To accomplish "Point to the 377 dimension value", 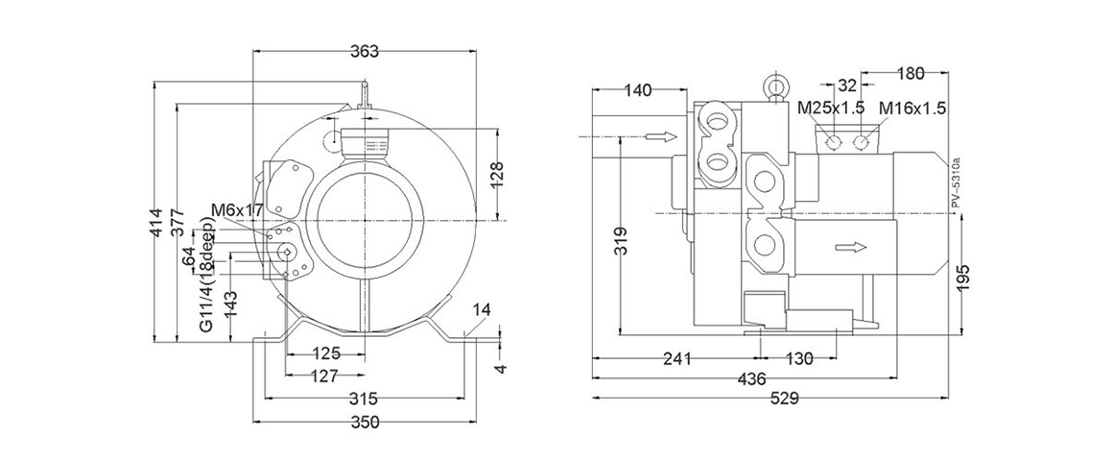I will click(182, 230).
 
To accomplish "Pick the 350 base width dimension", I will click(365, 422).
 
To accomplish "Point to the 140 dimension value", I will click(638, 90).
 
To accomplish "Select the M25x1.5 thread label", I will click(832, 109).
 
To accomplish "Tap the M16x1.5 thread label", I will click(912, 109).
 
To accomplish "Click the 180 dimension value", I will click(908, 73).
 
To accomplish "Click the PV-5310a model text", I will click(955, 182).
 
